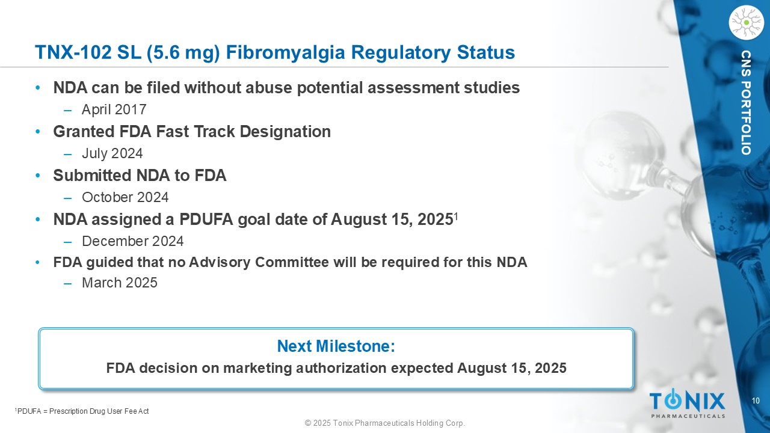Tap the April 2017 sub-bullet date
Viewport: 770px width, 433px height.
click(114, 109)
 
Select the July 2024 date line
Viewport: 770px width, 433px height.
click(112, 153)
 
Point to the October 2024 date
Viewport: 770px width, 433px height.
click(125, 197)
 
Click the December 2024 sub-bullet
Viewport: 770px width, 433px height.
click(133, 241)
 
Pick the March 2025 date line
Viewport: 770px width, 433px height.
click(120, 283)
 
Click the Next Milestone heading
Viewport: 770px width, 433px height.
click(336, 346)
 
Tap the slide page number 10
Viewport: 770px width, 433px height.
click(756, 401)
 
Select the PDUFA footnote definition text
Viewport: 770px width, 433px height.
click(82, 411)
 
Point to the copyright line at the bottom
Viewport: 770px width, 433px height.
click(385, 423)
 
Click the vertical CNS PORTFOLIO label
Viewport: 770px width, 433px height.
click(746, 103)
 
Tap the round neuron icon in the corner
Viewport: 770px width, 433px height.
click(746, 22)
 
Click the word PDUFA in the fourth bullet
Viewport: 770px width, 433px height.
click(206, 220)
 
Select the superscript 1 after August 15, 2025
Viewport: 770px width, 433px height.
click(455, 216)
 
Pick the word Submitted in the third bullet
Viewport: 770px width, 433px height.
click(93, 176)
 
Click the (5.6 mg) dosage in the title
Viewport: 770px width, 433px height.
click(183, 53)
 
